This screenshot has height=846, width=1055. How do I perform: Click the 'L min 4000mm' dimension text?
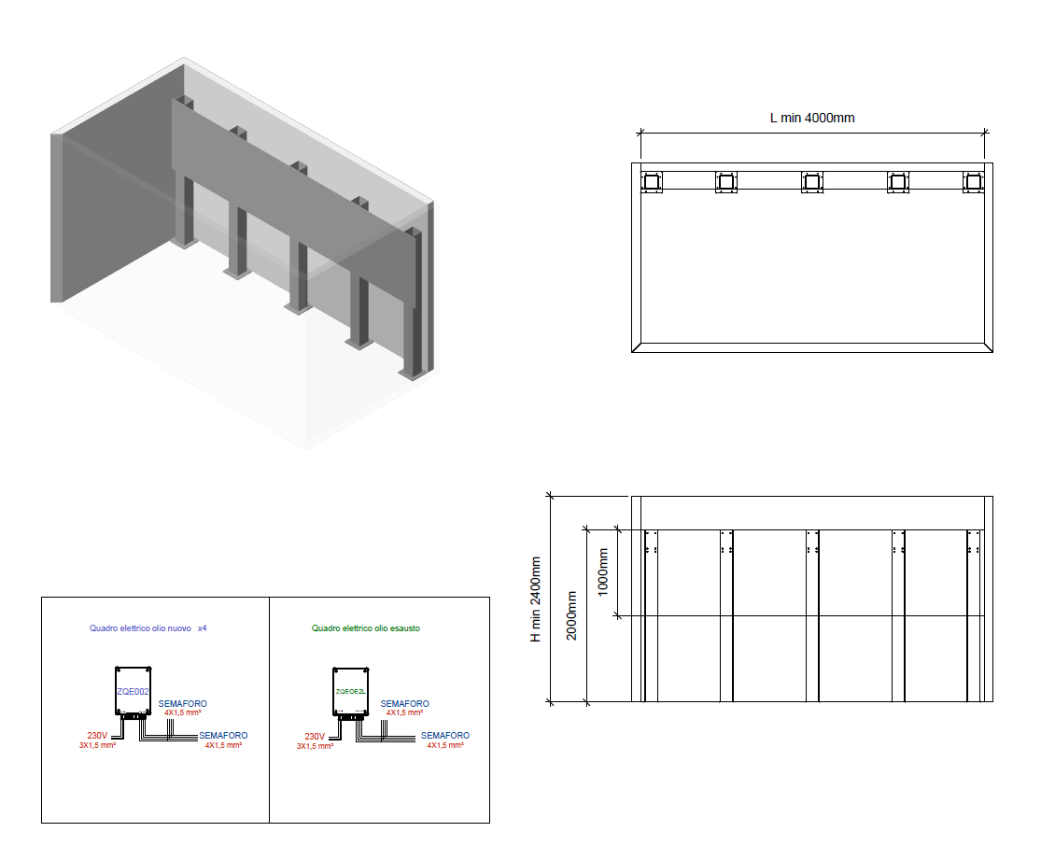pyautogui.click(x=811, y=118)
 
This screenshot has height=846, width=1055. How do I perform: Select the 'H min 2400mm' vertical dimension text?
pyautogui.click(x=536, y=599)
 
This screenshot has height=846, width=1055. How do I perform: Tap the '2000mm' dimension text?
pyautogui.click(x=571, y=615)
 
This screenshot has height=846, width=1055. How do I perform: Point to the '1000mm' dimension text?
pyautogui.click(x=603, y=571)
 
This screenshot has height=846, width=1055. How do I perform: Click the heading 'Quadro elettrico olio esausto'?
pyautogui.click(x=366, y=628)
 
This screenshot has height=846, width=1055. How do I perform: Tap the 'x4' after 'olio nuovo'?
pyautogui.click(x=202, y=628)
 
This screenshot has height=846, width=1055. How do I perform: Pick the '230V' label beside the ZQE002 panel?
pyautogui.click(x=97, y=736)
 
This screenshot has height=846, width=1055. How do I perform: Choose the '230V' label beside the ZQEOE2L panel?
pyautogui.click(x=315, y=737)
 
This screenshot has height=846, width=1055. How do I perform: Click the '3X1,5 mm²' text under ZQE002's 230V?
pyautogui.click(x=97, y=746)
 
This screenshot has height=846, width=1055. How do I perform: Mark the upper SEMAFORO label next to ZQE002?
pyautogui.click(x=183, y=703)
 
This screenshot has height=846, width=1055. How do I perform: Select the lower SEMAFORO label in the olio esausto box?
pyautogui.click(x=445, y=736)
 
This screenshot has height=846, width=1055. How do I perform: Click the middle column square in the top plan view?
pyautogui.click(x=812, y=182)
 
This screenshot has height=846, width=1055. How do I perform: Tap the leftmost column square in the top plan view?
pyautogui.click(x=651, y=182)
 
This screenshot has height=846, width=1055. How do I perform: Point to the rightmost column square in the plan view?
pyautogui.click(x=974, y=182)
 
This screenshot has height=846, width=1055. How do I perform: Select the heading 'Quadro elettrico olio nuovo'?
pyautogui.click(x=140, y=628)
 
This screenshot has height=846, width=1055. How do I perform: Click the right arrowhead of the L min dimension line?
pyautogui.click(x=984, y=133)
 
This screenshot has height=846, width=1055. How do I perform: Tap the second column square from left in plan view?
pyautogui.click(x=726, y=182)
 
